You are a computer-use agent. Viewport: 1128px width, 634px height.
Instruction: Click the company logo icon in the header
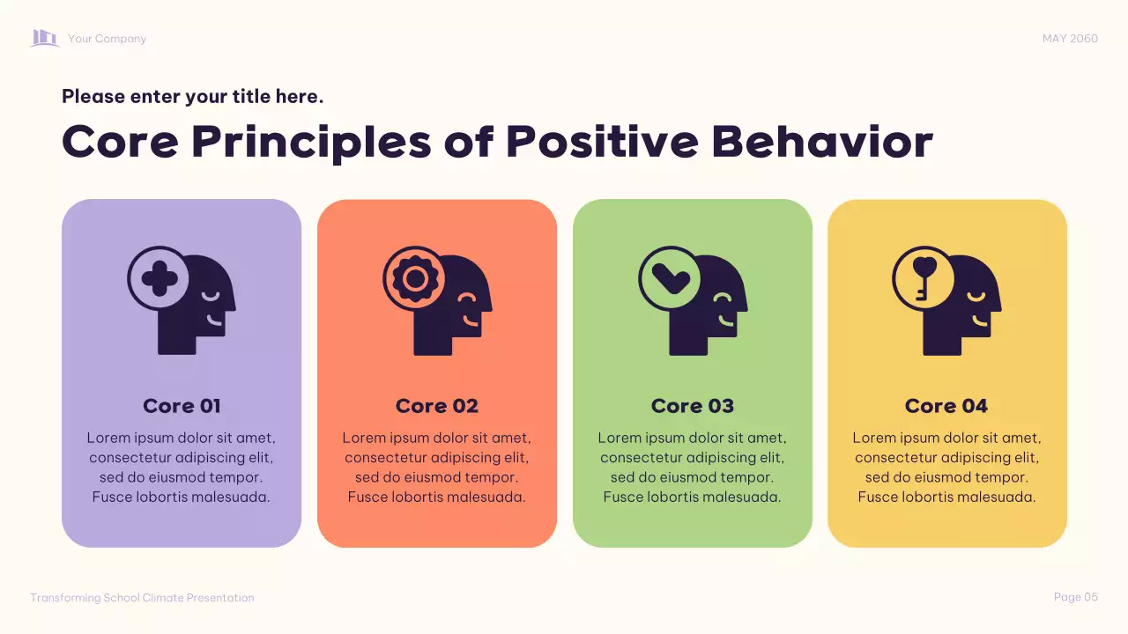coord(45,38)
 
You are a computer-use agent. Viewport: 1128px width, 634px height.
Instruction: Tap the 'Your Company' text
coord(107,39)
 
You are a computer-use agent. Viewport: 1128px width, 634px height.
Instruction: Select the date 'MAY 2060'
coord(1070,39)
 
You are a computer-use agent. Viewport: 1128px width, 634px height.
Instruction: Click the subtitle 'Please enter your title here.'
coord(193,97)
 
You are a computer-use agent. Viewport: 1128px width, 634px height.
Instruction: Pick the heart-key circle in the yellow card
coord(924,277)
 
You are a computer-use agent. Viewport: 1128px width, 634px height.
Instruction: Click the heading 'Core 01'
coord(182,406)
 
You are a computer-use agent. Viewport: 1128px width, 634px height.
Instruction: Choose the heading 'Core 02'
coord(437,406)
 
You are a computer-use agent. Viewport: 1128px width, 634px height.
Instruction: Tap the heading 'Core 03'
coord(693,406)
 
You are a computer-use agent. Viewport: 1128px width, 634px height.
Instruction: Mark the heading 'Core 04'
coord(946,406)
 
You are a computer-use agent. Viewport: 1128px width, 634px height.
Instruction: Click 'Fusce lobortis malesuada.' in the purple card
coord(182,498)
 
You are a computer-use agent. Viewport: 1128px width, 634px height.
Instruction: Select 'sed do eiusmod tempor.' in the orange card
coord(437,477)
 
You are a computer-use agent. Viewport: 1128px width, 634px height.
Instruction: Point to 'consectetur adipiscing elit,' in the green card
coord(693,458)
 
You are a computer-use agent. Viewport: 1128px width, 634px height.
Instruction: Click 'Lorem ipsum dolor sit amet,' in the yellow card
coord(946,438)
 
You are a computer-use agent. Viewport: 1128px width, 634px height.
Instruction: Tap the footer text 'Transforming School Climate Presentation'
coord(142,598)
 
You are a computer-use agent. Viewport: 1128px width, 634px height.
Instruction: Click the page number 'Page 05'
coord(1076,597)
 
